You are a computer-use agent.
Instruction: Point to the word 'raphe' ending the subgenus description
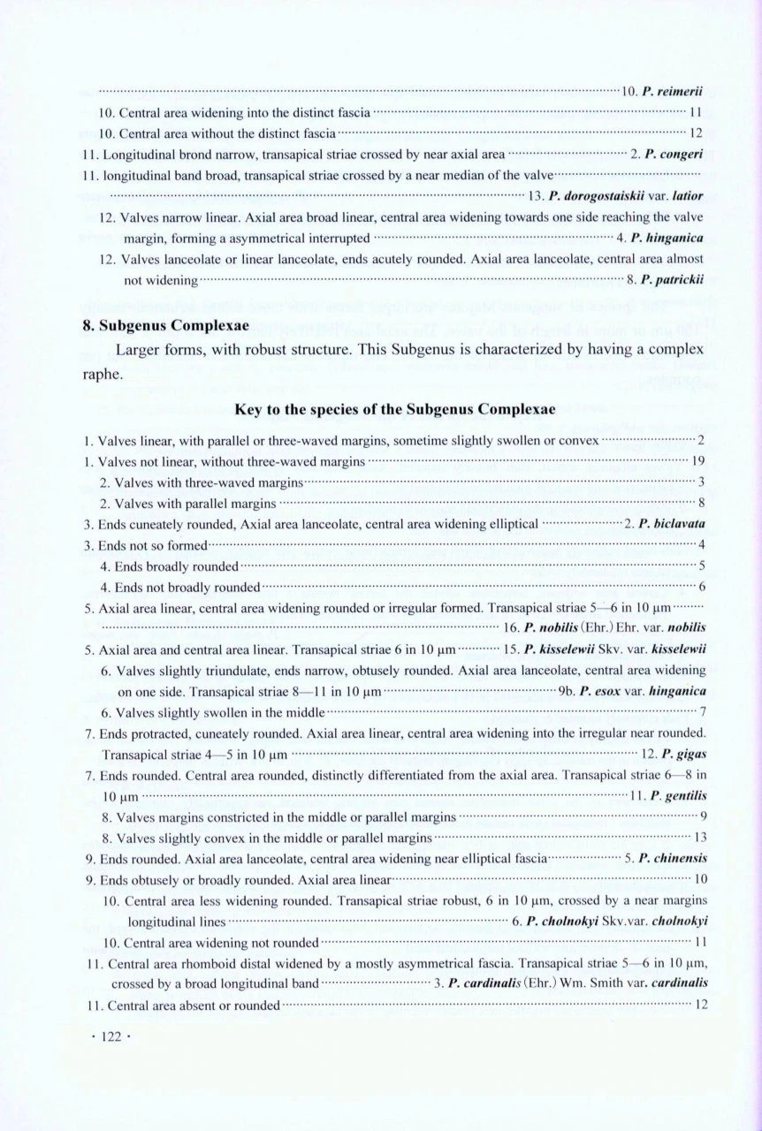point(99,373)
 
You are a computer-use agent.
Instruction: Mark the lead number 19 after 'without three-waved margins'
point(696,460)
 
